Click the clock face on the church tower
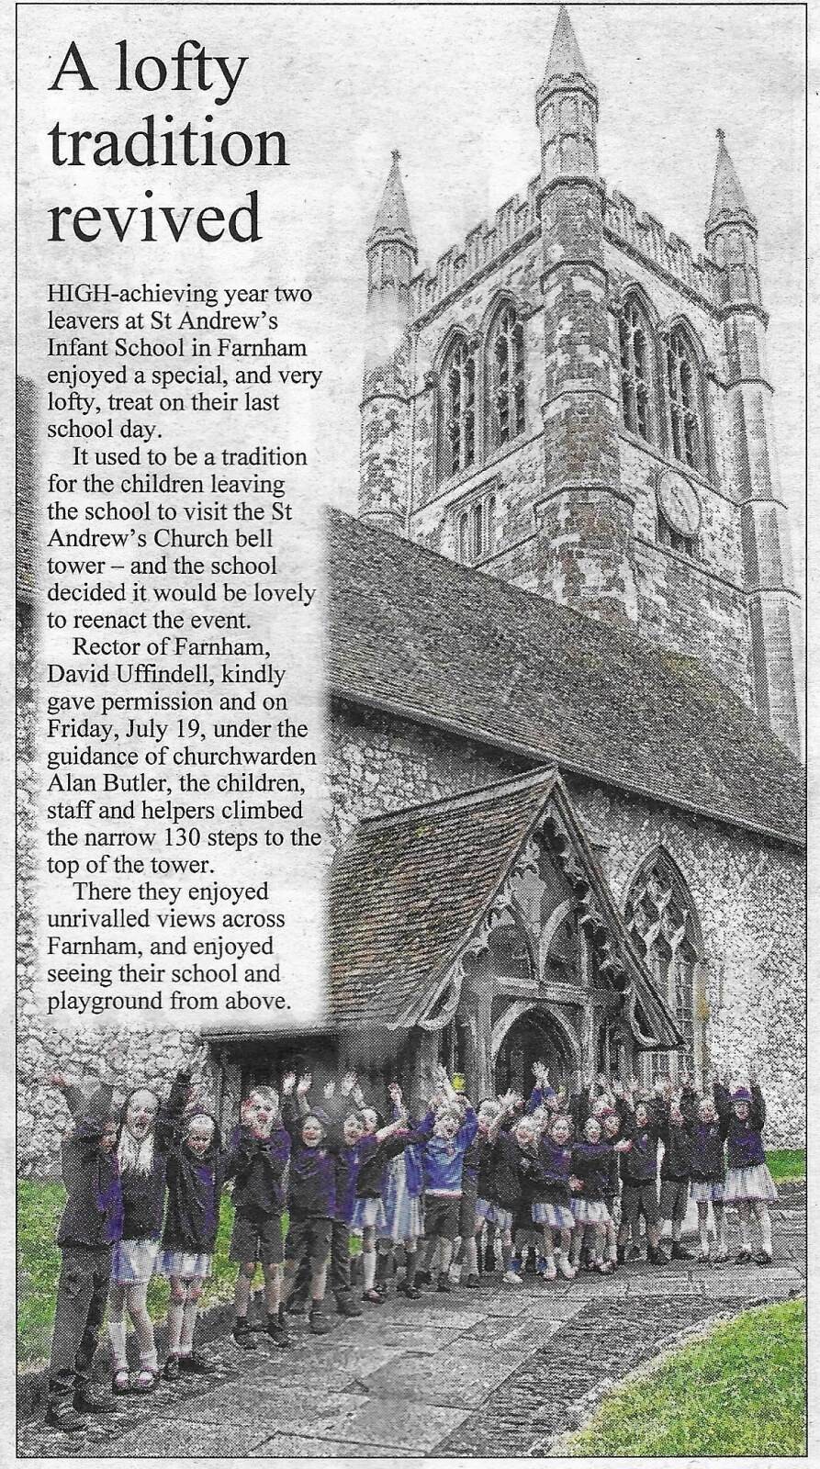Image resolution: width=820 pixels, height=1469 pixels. point(679,502)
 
